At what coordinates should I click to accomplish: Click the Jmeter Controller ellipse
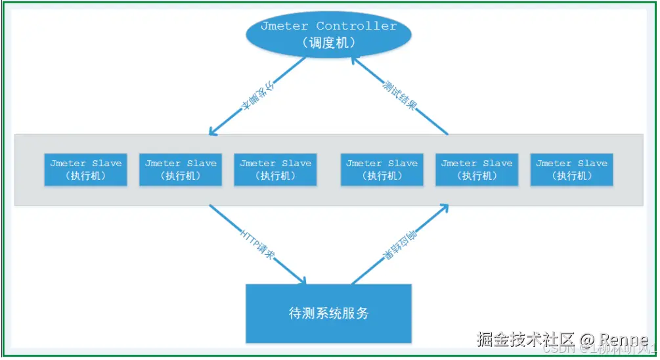(328, 34)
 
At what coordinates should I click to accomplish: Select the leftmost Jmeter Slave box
(85, 169)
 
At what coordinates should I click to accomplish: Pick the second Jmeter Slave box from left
(181, 169)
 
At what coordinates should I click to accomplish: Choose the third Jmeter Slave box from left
(276, 169)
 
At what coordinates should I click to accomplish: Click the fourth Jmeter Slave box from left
(382, 169)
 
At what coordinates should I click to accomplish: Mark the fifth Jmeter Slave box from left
(477, 169)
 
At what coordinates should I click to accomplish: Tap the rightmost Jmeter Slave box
(571, 169)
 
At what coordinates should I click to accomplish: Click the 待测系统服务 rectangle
(328, 313)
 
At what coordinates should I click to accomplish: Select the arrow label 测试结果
(399, 95)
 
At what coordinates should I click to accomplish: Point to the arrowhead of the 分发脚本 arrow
(211, 131)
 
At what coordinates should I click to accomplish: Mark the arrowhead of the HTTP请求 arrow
(302, 281)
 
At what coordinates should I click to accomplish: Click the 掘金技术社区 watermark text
(525, 340)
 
